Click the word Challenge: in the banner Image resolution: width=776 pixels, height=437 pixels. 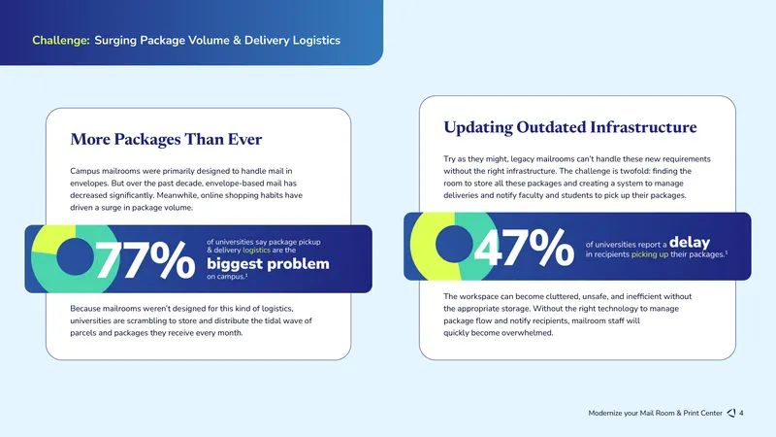[x=61, y=40]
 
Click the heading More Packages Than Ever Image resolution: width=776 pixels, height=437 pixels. [x=166, y=139]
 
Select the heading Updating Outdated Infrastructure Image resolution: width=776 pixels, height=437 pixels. [x=570, y=127]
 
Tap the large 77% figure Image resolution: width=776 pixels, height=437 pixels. [x=145, y=259]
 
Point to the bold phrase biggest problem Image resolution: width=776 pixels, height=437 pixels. [x=268, y=263]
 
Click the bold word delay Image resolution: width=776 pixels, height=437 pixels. [x=690, y=242]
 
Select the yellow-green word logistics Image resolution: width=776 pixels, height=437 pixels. [x=256, y=251]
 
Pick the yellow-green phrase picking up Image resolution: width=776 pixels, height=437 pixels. [x=650, y=254]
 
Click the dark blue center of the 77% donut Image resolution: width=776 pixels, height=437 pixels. [x=75, y=256]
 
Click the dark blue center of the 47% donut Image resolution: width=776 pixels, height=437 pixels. [x=454, y=244]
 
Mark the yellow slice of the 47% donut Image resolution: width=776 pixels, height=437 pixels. [x=429, y=247]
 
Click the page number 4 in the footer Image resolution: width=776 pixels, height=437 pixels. [x=741, y=413]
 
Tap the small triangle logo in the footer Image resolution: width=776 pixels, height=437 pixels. [x=731, y=413]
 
